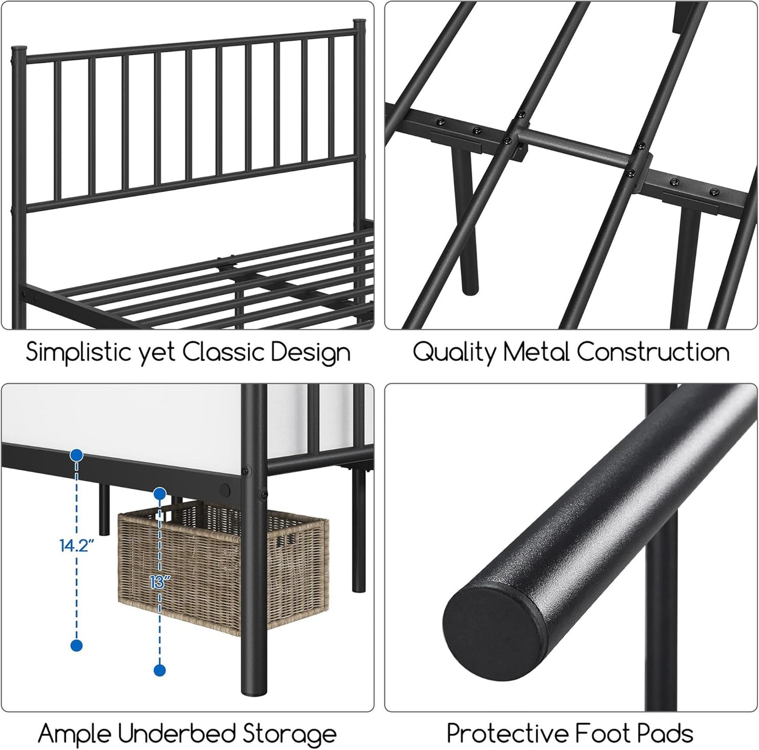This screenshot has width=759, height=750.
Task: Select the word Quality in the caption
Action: pyautogui.click(x=454, y=352)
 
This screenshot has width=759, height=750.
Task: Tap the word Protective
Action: pyautogui.click(x=506, y=734)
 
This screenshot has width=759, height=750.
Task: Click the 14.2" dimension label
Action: pyautogui.click(x=77, y=545)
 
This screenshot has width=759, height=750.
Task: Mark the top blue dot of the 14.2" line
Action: pyautogui.click(x=77, y=456)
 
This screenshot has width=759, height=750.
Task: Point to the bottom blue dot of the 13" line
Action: pyautogui.click(x=160, y=670)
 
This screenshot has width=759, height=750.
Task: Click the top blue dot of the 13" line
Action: pyautogui.click(x=160, y=493)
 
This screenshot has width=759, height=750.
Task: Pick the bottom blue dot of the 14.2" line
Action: pyautogui.click(x=77, y=646)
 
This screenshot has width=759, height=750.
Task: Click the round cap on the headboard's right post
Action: pyautogui.click(x=359, y=24)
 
